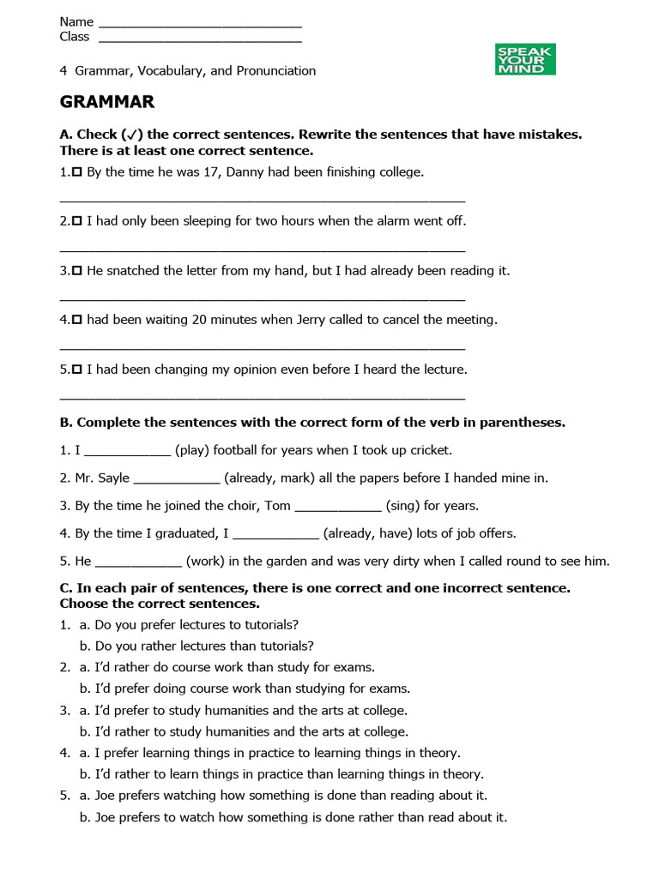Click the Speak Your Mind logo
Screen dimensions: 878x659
click(525, 60)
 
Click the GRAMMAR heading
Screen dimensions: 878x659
click(107, 102)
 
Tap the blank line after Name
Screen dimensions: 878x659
click(200, 21)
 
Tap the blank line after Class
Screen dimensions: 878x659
click(200, 37)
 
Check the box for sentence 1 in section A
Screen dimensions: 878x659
click(77, 172)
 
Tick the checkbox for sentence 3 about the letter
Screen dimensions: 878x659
click(77, 271)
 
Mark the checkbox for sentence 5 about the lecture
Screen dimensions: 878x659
click(77, 370)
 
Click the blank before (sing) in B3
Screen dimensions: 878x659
click(337, 506)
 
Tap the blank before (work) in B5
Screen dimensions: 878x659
click(137, 562)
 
